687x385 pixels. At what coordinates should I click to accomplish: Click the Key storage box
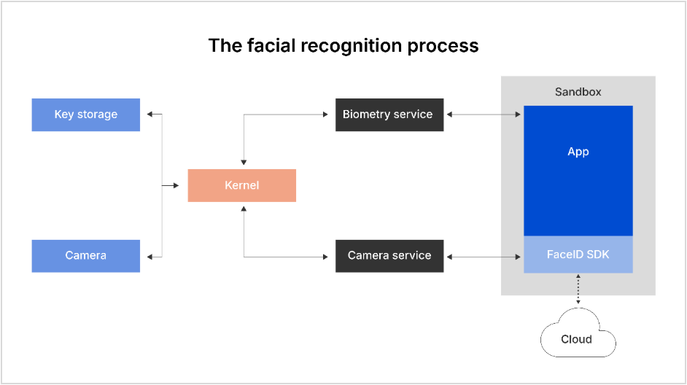coord(85,114)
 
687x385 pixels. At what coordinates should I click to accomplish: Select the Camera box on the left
coord(85,255)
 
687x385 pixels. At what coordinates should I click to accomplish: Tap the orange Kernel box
coord(241,185)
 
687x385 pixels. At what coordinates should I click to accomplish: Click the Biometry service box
coord(389,114)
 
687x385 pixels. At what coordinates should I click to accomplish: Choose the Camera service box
coord(389,256)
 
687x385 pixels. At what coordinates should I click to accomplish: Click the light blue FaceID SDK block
coord(578,255)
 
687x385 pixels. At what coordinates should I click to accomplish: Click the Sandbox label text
coord(578,93)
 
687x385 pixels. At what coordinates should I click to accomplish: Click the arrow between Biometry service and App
coord(484,114)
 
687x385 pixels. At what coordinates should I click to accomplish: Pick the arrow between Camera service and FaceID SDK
coord(484,256)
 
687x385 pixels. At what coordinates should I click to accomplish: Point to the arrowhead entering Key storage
coord(149,114)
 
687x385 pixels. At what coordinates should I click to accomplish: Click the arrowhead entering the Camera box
coord(149,256)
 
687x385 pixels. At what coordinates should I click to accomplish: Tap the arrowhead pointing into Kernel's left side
coord(176,185)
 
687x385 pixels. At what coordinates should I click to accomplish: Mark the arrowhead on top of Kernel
coord(244,162)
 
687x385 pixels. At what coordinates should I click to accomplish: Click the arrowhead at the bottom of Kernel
coord(244,209)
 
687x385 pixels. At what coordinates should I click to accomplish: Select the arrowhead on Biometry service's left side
coord(326,114)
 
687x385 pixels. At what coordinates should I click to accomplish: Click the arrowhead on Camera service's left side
coord(326,256)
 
